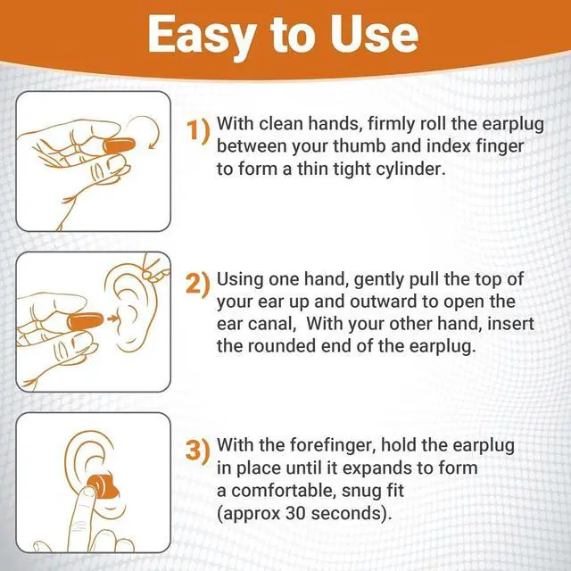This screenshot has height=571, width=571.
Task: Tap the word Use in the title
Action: coord(375,34)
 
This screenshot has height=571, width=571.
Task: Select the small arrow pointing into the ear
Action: coord(112,316)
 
